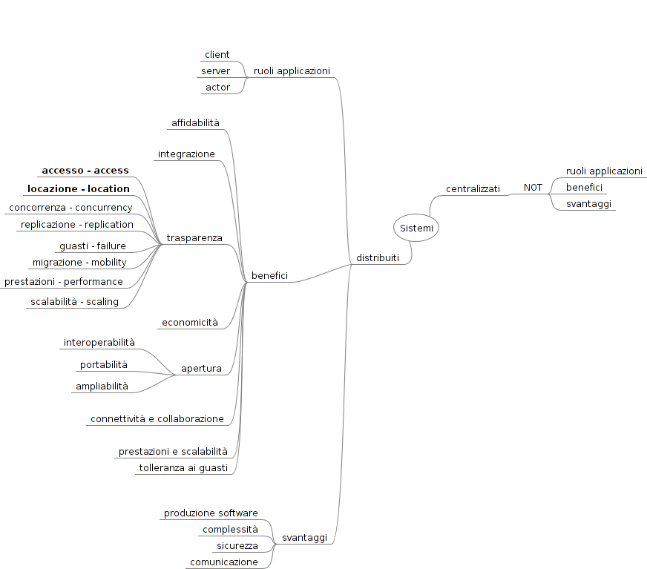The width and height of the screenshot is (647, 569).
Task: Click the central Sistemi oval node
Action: [416, 228]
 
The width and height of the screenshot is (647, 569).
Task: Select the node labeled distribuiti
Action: [378, 258]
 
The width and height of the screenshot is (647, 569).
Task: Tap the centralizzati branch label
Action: [473, 189]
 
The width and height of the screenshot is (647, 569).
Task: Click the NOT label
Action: [533, 188]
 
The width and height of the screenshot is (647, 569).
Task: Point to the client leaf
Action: [217, 55]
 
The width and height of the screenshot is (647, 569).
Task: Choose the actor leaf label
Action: [217, 88]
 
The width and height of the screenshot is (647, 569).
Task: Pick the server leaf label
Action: [215, 71]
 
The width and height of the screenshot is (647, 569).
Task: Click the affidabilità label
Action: [195, 122]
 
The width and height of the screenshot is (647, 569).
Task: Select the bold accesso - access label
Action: [85, 171]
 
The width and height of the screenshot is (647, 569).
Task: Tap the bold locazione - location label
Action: [79, 189]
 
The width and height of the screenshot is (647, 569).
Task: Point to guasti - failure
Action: [93, 246]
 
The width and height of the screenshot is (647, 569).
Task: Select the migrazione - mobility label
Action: [79, 263]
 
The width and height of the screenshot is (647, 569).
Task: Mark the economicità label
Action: [190, 323]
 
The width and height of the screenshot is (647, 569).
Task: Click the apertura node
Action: [201, 369]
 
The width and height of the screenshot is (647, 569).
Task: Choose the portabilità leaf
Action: [104, 365]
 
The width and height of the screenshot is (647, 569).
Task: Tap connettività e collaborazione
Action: [157, 419]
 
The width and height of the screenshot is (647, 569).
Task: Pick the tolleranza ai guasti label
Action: [183, 468]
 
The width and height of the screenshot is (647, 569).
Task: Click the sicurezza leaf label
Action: [237, 546]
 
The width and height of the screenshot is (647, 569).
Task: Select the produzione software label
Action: [211, 513]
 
